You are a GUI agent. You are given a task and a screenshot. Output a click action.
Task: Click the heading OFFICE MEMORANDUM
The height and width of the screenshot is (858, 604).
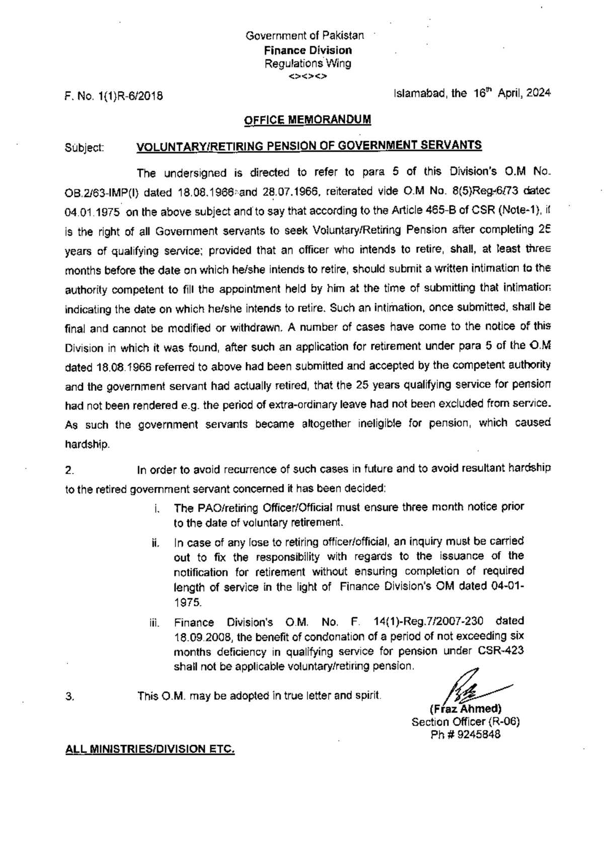point(308,120)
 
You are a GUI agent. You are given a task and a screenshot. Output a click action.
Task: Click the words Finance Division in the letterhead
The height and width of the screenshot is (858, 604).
point(309,50)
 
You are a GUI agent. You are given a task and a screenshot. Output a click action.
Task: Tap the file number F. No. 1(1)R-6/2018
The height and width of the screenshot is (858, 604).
point(114,95)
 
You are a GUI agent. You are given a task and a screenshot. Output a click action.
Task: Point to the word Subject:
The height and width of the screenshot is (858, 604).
point(85,148)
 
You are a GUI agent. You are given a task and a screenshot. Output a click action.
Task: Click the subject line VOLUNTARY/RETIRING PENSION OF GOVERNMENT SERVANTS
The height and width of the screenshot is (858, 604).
point(309,146)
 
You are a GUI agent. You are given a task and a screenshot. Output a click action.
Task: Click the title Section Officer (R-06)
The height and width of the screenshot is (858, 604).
point(466,721)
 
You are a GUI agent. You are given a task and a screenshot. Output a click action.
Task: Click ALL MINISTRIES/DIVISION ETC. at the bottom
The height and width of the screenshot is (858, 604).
point(150,749)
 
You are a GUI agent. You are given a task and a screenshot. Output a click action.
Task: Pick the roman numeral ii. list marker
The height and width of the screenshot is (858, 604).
point(156,544)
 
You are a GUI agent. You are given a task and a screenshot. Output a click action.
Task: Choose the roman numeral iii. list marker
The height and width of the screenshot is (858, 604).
point(155,624)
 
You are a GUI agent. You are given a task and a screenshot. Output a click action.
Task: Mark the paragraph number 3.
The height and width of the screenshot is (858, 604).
point(70,697)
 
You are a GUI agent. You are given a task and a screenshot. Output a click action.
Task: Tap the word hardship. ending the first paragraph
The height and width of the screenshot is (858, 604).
point(87,445)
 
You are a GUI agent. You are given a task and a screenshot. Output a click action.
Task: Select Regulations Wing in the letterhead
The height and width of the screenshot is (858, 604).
point(308,63)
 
